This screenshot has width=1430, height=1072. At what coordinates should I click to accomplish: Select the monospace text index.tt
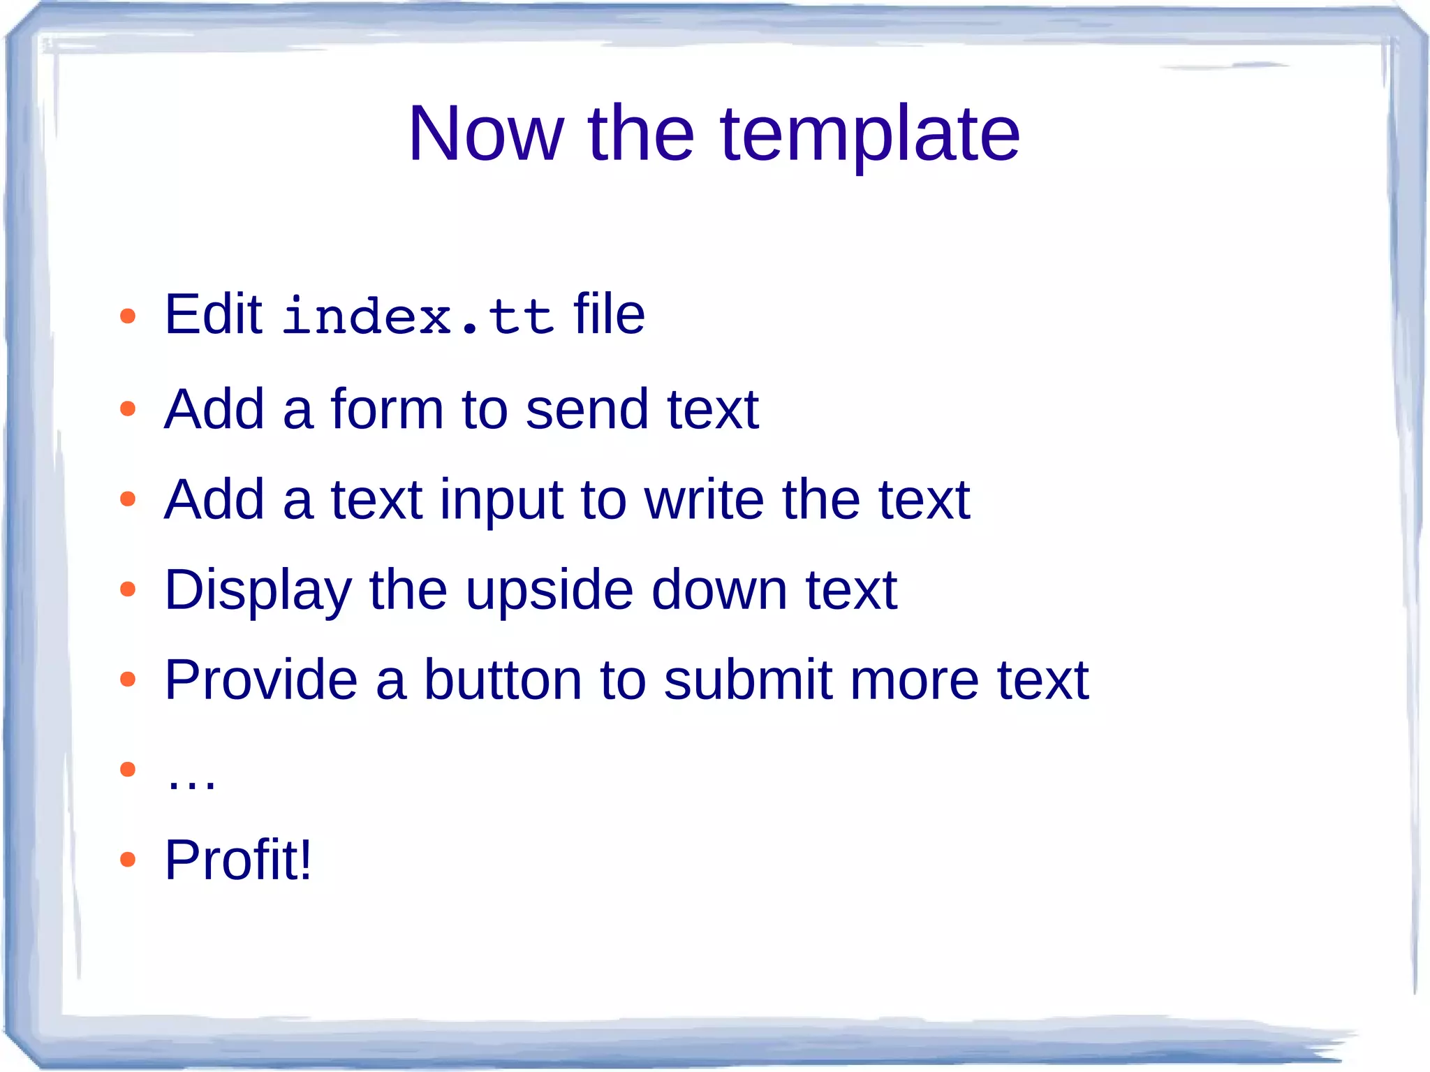[418, 316]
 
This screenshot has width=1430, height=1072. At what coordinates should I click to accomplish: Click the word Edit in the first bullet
[213, 315]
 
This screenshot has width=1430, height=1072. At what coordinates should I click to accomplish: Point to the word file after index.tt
[609, 315]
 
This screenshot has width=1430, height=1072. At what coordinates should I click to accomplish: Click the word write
[704, 499]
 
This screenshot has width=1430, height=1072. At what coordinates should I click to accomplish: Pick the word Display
[258, 591]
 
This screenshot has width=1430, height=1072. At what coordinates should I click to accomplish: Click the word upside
[550, 591]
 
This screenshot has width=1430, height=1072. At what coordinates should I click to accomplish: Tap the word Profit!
[238, 860]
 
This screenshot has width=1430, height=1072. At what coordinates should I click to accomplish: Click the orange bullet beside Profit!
[127, 860]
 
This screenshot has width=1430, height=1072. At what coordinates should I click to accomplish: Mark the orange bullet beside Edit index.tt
[127, 316]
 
